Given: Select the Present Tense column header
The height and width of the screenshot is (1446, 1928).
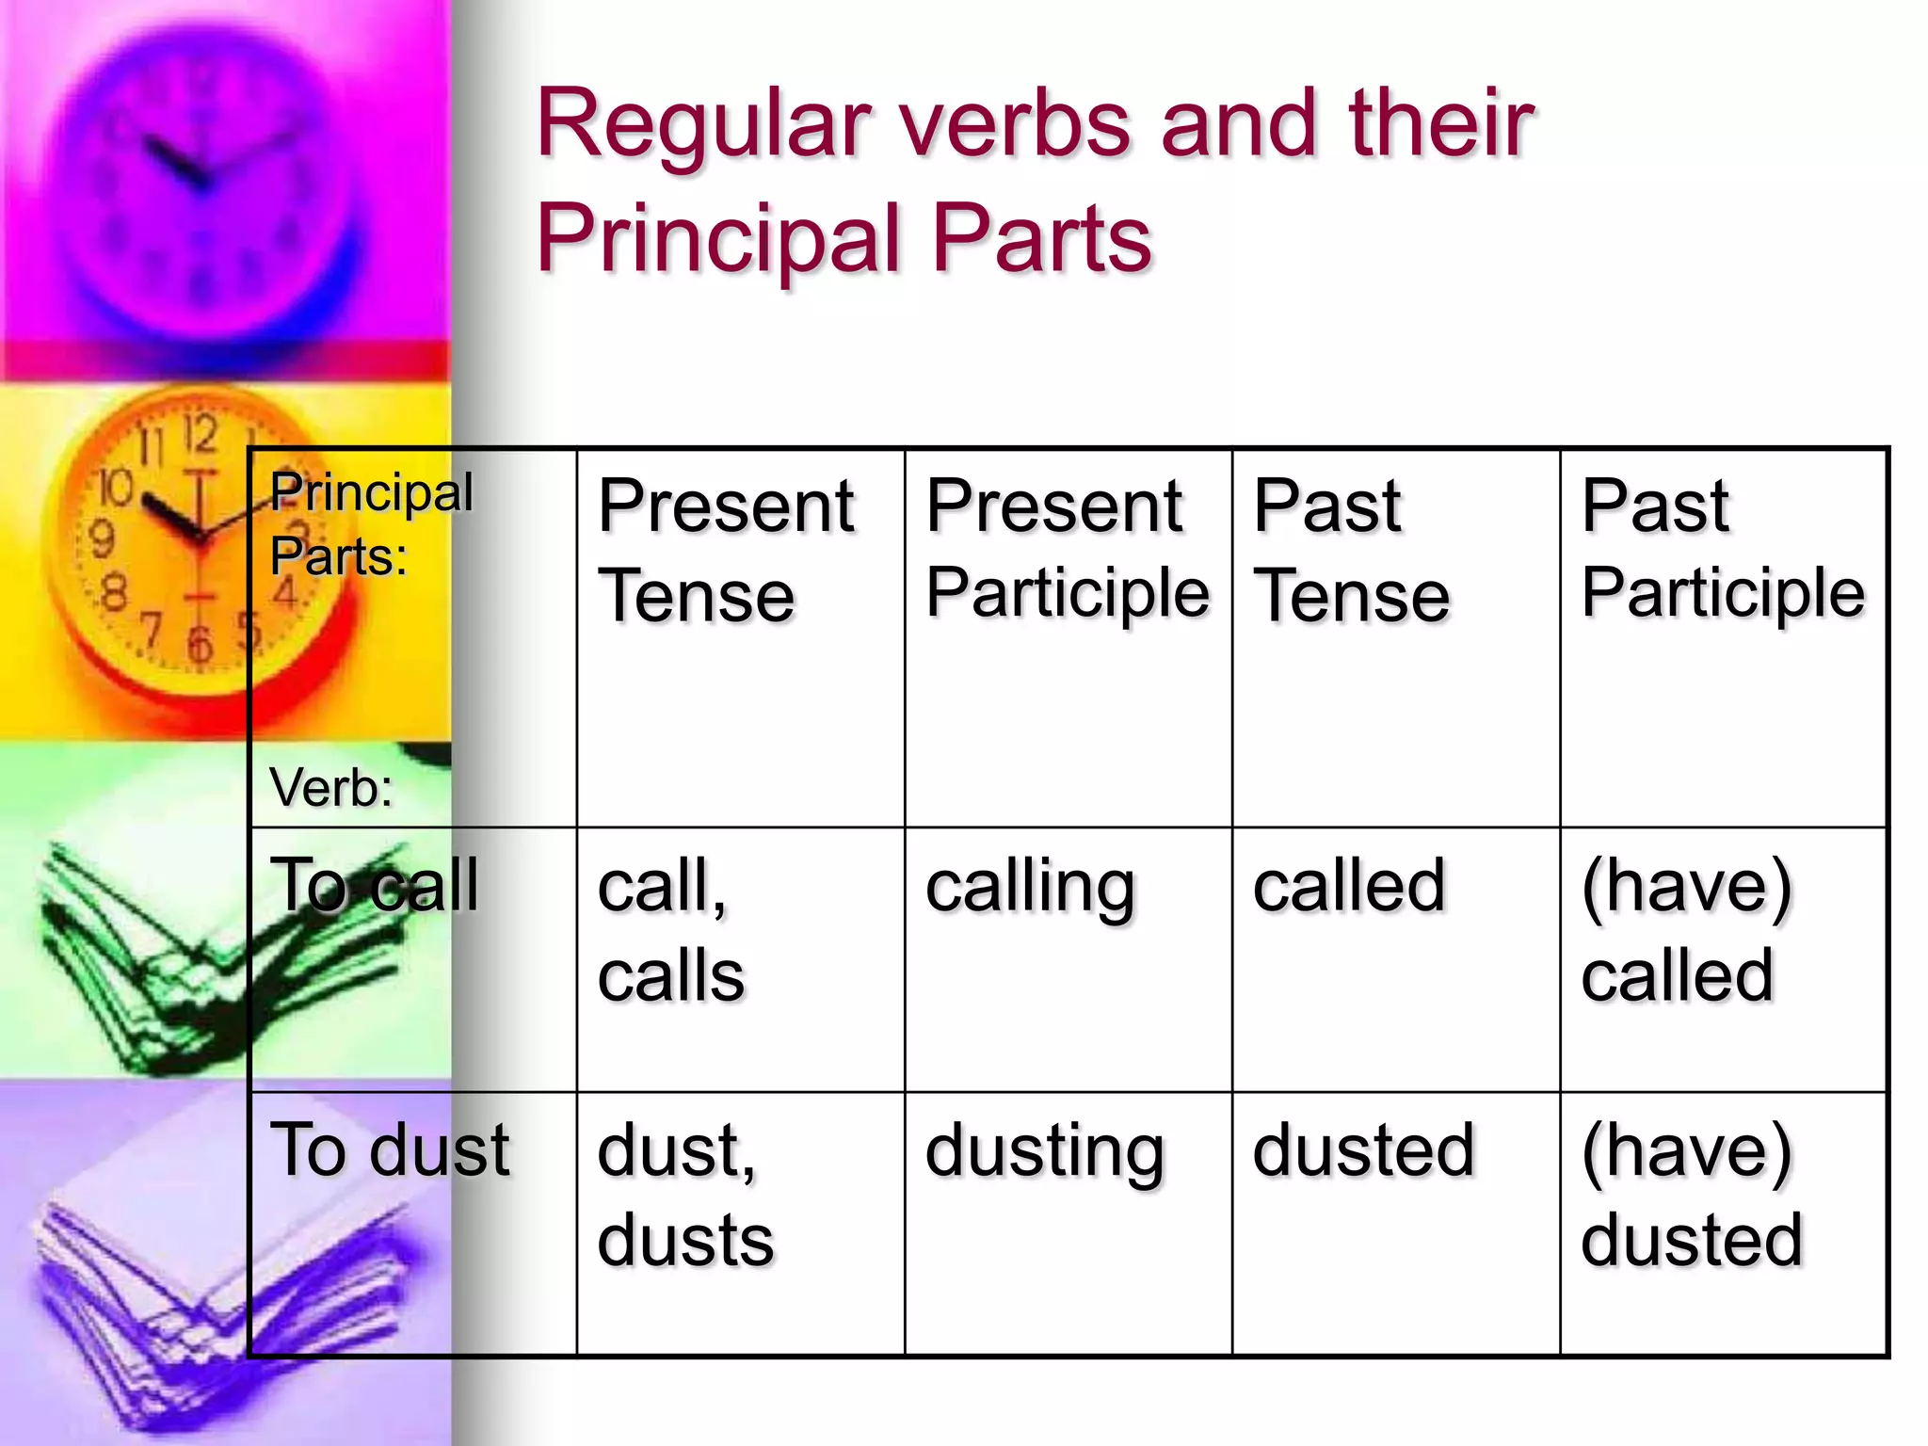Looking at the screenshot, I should tap(726, 550).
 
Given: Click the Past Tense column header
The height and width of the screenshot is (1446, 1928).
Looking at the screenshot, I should tap(1352, 550).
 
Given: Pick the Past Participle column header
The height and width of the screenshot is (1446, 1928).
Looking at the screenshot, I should tap(1723, 550).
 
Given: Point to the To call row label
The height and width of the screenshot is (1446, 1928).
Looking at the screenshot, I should tap(375, 886).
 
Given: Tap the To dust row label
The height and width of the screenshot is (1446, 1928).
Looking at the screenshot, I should tap(390, 1150).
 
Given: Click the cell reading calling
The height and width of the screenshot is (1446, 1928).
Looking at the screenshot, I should tap(1031, 888).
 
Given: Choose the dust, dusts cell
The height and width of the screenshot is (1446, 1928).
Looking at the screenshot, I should tap(685, 1195).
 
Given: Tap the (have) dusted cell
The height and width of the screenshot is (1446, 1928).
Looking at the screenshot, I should tap(1692, 1195).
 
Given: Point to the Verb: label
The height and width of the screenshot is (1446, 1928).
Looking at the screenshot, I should tap(330, 787).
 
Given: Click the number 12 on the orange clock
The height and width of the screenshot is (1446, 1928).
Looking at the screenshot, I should tap(200, 435).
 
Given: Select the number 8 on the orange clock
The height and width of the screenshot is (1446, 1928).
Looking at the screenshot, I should tap(114, 594).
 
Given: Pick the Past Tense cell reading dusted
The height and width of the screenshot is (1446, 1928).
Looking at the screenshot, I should tap(1363, 1150).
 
